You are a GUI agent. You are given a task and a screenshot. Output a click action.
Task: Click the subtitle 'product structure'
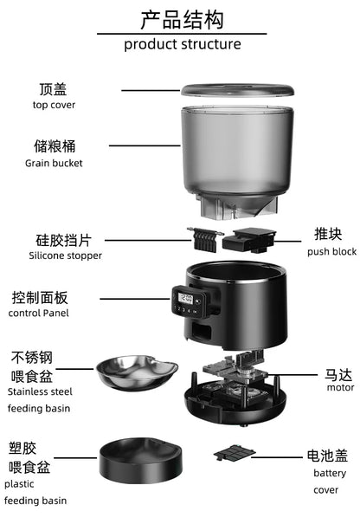182,44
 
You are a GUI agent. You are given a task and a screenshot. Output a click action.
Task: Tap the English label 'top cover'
54,105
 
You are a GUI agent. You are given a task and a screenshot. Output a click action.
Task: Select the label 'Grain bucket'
54,163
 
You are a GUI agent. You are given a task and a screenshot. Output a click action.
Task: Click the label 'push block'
331,251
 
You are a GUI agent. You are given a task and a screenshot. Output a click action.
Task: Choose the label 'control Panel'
38,313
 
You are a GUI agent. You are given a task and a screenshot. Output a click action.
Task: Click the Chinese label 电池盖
328,455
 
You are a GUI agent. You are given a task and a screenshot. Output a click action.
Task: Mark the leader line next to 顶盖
150,89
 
